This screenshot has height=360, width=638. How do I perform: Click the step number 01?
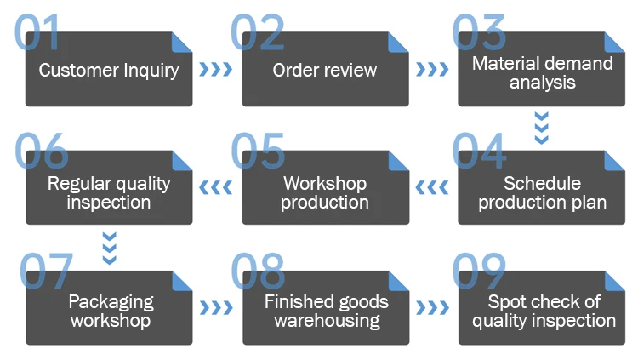[37, 32]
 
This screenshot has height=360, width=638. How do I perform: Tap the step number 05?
[258, 151]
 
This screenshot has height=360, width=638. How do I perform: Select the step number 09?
[479, 271]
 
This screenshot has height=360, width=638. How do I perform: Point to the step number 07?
[46, 271]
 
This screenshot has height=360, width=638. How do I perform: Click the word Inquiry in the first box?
[151, 71]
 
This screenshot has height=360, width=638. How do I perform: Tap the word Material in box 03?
[499, 64]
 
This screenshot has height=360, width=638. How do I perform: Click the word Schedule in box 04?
[542, 183]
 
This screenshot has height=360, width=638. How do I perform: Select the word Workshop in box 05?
[325, 184]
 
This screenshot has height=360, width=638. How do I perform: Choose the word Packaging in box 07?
[111, 303]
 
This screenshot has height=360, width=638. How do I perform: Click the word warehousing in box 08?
[328, 321]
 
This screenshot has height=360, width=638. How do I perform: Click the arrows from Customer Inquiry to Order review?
[216, 69]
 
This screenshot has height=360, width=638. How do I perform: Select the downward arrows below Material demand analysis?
[542, 128]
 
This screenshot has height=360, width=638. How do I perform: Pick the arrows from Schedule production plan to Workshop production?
[432, 188]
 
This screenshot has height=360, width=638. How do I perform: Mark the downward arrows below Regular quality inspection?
[110, 248]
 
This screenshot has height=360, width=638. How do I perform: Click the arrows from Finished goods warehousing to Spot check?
[432, 308]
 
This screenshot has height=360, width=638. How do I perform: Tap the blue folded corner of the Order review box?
[398, 43]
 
